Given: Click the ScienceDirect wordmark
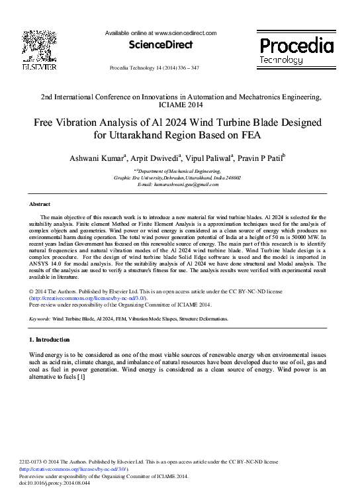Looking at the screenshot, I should click(161, 45).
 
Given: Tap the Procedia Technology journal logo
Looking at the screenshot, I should click(296, 50).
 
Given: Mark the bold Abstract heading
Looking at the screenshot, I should click(41, 204).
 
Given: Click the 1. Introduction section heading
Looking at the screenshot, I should click(50, 340).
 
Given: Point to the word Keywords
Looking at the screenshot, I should click(40, 319).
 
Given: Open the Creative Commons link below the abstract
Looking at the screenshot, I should click(88, 299).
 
